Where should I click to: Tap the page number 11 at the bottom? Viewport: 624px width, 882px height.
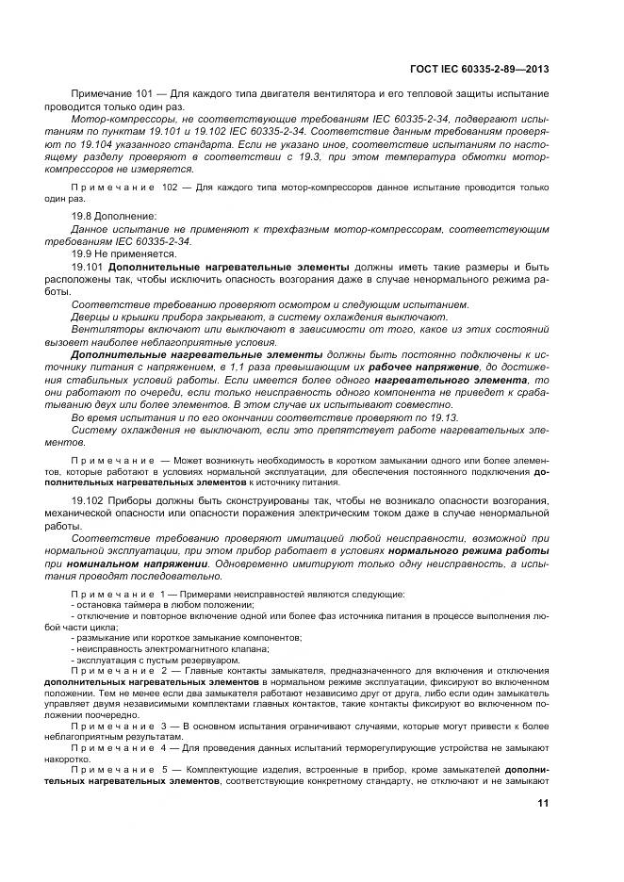point(544,804)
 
